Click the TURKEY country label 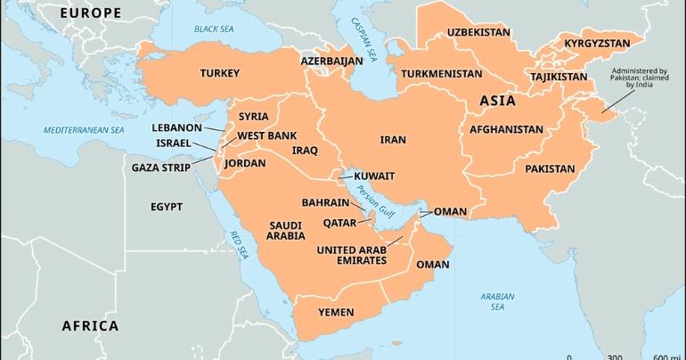pyautogui.click(x=219, y=72)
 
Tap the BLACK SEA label pyautogui.click(x=212, y=29)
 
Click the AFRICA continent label pyautogui.click(x=90, y=325)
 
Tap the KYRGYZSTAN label pyautogui.click(x=597, y=43)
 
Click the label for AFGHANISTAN pyautogui.click(x=505, y=129)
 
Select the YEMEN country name pyautogui.click(x=337, y=313)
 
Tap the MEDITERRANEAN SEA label pyautogui.click(x=85, y=130)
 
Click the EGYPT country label pyautogui.click(x=166, y=206)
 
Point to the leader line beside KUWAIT pyautogui.click(x=347, y=176)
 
